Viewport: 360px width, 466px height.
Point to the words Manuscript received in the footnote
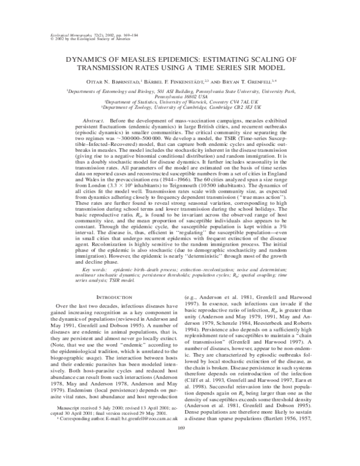click(79, 414)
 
